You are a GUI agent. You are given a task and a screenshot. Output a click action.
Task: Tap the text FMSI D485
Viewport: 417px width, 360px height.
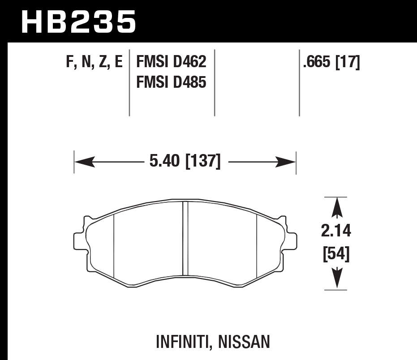click(x=171, y=82)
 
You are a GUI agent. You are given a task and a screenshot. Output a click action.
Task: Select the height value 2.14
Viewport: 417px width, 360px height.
click(x=336, y=231)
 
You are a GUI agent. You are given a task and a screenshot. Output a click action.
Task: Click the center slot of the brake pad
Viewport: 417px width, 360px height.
click(x=185, y=238)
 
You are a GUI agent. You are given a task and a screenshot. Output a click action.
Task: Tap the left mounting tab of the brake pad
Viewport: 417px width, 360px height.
click(x=78, y=240)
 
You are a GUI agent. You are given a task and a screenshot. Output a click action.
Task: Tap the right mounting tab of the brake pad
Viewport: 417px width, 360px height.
click(x=292, y=240)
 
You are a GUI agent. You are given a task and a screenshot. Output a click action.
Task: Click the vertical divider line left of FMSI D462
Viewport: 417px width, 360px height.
click(x=129, y=82)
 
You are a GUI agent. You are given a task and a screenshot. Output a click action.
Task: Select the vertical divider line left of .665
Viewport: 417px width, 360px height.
click(x=299, y=82)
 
